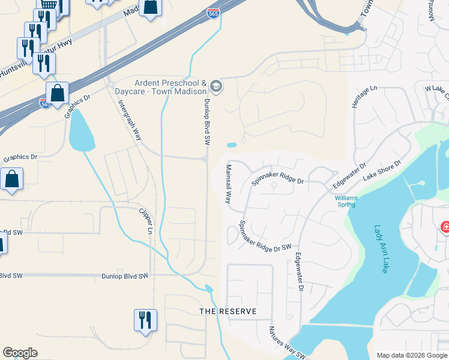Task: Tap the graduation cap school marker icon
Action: pos(216,87)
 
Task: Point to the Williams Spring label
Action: pos(345,201)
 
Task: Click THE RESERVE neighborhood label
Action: pos(228,311)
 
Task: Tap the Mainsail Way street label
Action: pos(228,184)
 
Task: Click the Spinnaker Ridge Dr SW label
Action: pos(265,236)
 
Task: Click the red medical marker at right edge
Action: pos(445,227)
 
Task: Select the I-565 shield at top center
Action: pos(213,13)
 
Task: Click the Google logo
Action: pos(20,353)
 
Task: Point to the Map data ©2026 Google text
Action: pos(411,355)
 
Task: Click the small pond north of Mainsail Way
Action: pos(231,145)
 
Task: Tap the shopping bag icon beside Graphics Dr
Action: pos(11,178)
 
